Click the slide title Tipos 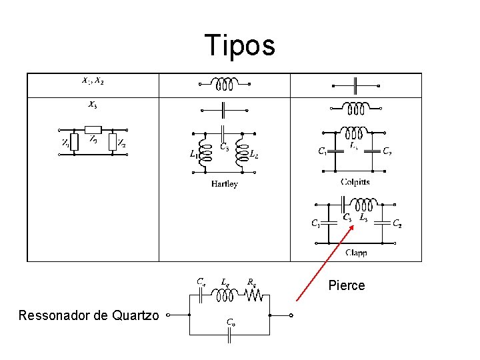[239, 45]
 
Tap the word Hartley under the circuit [224, 184]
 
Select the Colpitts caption [355, 181]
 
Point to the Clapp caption [356, 253]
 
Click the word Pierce [347, 285]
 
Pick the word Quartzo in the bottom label [131, 315]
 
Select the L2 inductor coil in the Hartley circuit [241, 153]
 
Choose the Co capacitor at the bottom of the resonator [229, 335]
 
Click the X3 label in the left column [92, 105]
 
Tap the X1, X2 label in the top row [92, 81]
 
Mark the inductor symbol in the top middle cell [224, 85]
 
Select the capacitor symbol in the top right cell [355, 85]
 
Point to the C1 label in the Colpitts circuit [322, 151]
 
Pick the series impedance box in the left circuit [93, 130]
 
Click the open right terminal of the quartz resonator [292, 315]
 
